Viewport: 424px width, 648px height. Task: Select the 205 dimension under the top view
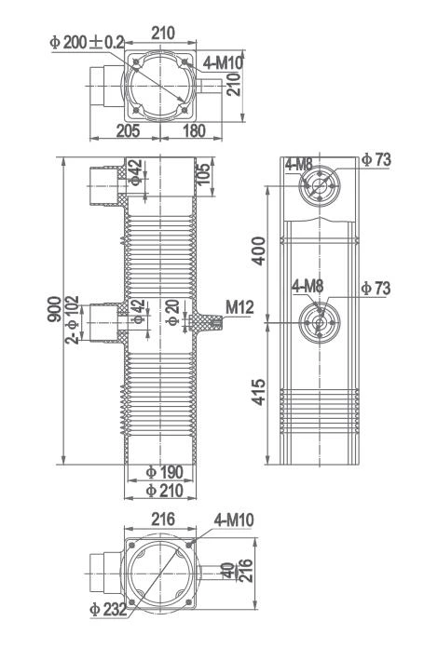(130, 131)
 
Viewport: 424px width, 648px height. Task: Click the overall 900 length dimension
(55, 310)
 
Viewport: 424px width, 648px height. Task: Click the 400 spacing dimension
(261, 250)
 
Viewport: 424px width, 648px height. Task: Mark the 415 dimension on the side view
(261, 391)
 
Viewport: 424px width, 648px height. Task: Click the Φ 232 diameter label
(108, 610)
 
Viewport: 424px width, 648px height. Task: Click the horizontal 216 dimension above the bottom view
(164, 520)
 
